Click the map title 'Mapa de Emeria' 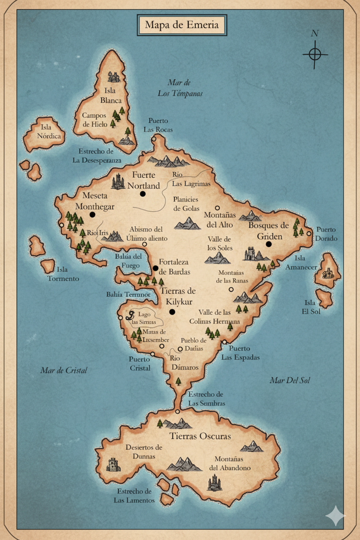click(x=182, y=25)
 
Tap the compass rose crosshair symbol click(x=315, y=54)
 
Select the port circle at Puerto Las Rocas click(x=154, y=139)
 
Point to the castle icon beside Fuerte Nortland click(x=118, y=181)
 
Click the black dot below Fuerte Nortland click(x=143, y=194)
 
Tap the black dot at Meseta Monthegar click(x=92, y=215)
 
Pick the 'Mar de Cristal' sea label click(x=64, y=370)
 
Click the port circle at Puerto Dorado click(x=309, y=233)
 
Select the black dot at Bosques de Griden click(x=269, y=244)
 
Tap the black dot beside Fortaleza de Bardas click(x=155, y=268)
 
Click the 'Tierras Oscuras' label click(x=200, y=436)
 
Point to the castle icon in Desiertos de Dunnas click(x=113, y=465)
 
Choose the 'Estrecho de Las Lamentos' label click(x=134, y=496)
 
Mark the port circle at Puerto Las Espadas click(x=225, y=342)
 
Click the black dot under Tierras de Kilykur click(x=172, y=312)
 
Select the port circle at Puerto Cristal click(x=152, y=354)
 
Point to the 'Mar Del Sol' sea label click(x=289, y=380)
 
